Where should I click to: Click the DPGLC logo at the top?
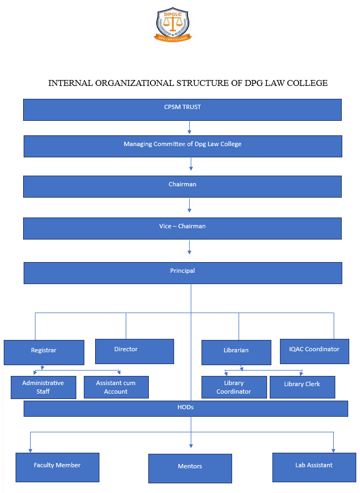tap(173, 25)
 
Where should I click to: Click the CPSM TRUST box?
tap(182, 109)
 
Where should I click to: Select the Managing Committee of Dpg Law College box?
tap(182, 146)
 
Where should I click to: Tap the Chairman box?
tap(182, 186)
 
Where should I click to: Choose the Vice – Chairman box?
tap(182, 228)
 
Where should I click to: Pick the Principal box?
tap(182, 272)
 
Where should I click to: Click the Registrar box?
tap(44, 352)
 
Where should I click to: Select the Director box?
tap(134, 351)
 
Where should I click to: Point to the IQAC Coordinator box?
tap(314, 351)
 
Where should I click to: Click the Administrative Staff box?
tap(43, 387)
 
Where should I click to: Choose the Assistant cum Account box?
tap(116, 387)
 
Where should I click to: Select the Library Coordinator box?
tap(234, 387)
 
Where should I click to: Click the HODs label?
tap(185, 408)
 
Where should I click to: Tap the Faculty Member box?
tap(57, 467)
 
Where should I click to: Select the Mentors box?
tap(190, 468)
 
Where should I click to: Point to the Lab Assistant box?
tap(314, 467)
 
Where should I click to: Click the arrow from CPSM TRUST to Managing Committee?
tap(190, 128)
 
